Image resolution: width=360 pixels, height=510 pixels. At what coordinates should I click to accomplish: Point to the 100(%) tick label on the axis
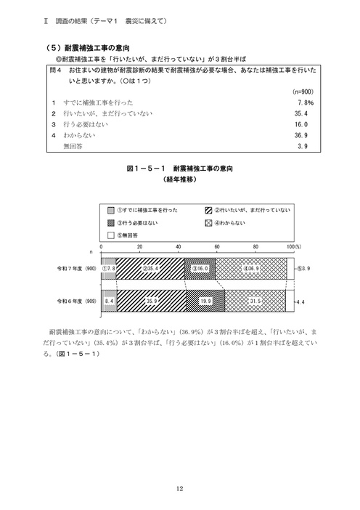coord(293,248)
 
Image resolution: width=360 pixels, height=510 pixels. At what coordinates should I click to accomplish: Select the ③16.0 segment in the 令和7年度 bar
coord(200,269)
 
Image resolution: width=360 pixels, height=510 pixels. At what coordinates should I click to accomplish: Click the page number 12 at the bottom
coord(179,488)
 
